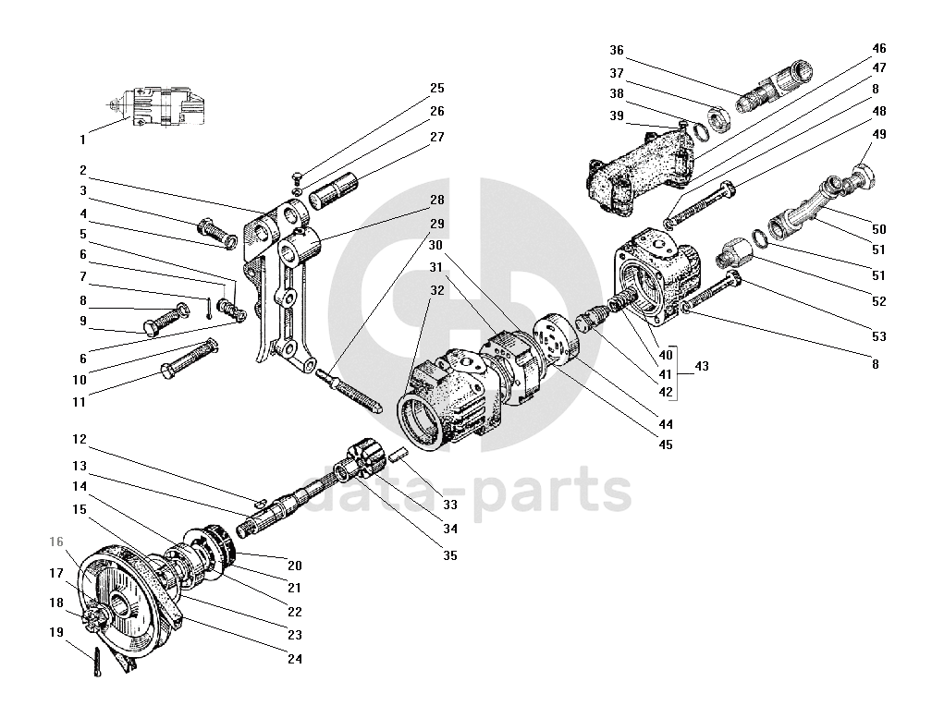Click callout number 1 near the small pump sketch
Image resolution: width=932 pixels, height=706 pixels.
82,140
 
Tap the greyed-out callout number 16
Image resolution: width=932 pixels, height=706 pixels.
56,542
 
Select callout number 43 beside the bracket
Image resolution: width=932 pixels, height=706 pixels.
702,366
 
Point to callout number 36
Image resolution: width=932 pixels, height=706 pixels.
617,50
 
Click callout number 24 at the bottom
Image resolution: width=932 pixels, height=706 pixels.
295,659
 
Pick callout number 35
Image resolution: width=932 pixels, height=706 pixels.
450,555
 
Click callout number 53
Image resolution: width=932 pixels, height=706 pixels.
879,336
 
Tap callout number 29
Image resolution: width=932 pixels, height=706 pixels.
436,224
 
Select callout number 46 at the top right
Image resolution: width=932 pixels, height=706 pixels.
879,48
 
